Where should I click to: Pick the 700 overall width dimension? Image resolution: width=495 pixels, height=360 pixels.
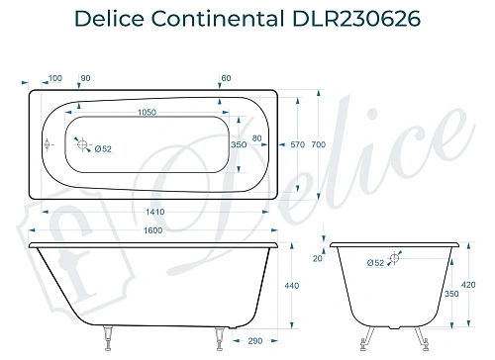318,145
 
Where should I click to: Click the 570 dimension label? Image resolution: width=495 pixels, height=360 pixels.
295,145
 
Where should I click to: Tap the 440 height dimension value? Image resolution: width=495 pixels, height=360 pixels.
291,286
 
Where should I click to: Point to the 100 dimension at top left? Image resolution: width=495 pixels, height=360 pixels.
54,77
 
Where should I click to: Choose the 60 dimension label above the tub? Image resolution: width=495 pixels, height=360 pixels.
227,77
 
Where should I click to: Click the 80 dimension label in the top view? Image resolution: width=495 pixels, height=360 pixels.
257,137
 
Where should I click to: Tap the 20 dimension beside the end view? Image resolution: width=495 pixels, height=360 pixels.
318,260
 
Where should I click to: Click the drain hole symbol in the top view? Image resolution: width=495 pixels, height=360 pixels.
83,142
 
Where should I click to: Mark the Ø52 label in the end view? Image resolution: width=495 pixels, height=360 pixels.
375,263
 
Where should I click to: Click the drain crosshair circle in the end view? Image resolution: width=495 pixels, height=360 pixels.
395,258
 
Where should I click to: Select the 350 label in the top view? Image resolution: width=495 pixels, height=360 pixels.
238,145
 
